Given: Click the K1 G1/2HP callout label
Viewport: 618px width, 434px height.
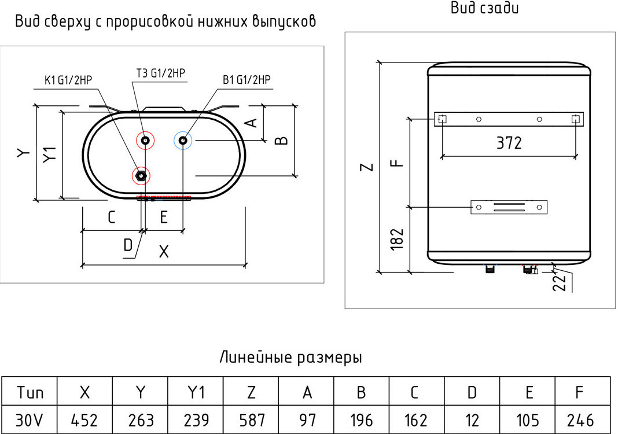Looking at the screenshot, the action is click(68, 80).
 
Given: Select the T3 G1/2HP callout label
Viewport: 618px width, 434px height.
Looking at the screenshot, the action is click(160, 73).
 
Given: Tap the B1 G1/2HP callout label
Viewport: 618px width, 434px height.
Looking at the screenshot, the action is click(247, 80).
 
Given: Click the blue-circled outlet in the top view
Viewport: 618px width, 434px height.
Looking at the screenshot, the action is click(183, 141).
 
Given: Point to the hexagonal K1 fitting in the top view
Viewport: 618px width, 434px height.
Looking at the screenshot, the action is click(141, 175).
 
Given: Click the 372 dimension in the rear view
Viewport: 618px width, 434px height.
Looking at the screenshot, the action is click(509, 143).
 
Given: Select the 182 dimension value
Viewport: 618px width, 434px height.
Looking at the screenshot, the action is click(397, 239).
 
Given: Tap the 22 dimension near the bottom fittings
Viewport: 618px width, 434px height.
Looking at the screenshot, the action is click(560, 282).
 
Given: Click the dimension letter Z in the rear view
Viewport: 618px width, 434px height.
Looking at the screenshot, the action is click(366, 167).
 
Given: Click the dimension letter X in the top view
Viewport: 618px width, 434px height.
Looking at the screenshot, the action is click(164, 251).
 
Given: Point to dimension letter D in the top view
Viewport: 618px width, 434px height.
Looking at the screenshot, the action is click(128, 245).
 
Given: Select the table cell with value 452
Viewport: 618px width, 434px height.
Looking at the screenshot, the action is click(84, 420).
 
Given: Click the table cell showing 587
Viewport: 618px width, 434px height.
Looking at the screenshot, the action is click(251, 420).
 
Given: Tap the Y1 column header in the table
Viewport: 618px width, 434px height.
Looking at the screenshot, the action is click(196, 391).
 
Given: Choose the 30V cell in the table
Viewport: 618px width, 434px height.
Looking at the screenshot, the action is click(30, 420).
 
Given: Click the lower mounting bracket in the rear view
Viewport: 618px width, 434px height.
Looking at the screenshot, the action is click(509, 207).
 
